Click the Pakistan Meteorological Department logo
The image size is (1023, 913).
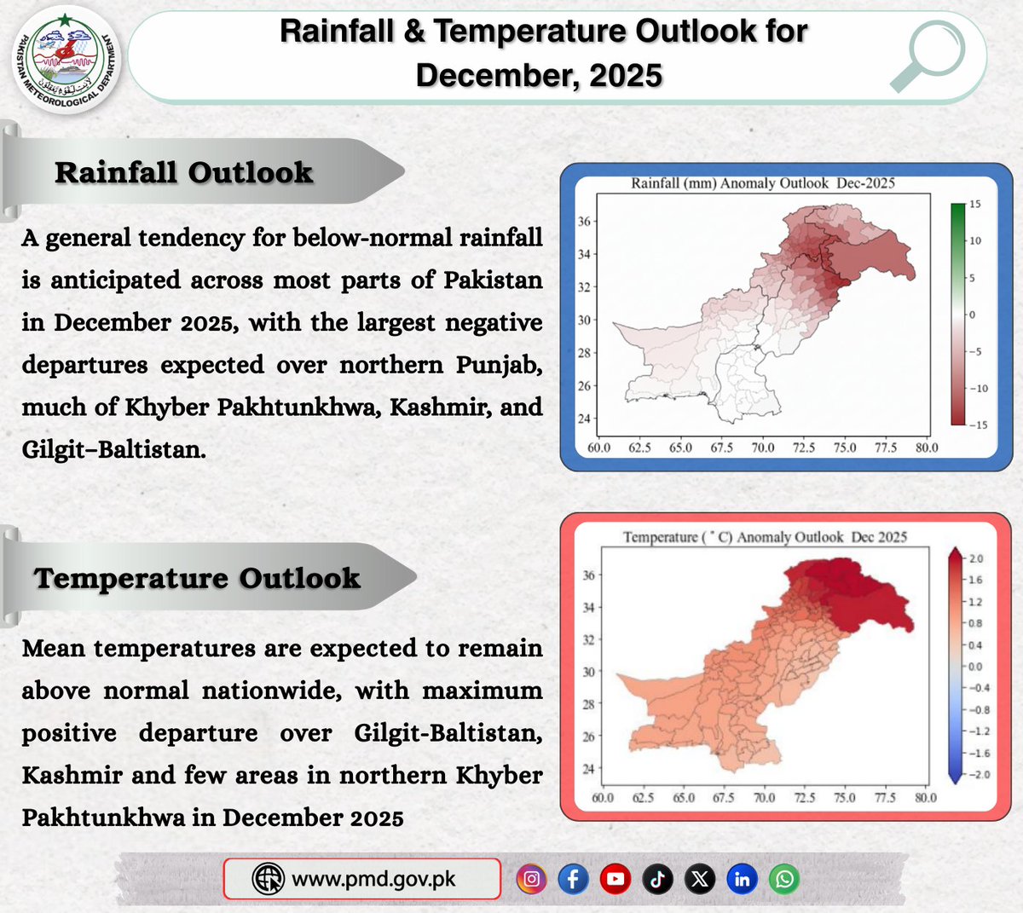coord(67,61)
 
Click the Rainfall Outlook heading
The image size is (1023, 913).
coord(183,172)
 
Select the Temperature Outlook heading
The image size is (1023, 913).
coord(197,578)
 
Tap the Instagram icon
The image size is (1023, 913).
coord(531,879)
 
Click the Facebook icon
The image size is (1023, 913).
coord(573,879)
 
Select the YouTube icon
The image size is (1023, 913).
coord(615,879)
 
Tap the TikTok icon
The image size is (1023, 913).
coord(657,879)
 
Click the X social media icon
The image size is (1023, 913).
coord(700,879)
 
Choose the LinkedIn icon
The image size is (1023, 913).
coord(742,879)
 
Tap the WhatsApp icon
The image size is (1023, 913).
coord(784,879)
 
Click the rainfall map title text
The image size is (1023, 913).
coord(762,183)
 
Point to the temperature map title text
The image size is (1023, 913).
coord(764,537)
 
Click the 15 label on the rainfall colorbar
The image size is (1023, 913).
coord(974,205)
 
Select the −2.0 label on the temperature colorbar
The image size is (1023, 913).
coord(976,775)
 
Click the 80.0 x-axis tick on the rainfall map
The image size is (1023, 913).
coord(927,448)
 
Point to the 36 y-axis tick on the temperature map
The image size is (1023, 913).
coord(588,575)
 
